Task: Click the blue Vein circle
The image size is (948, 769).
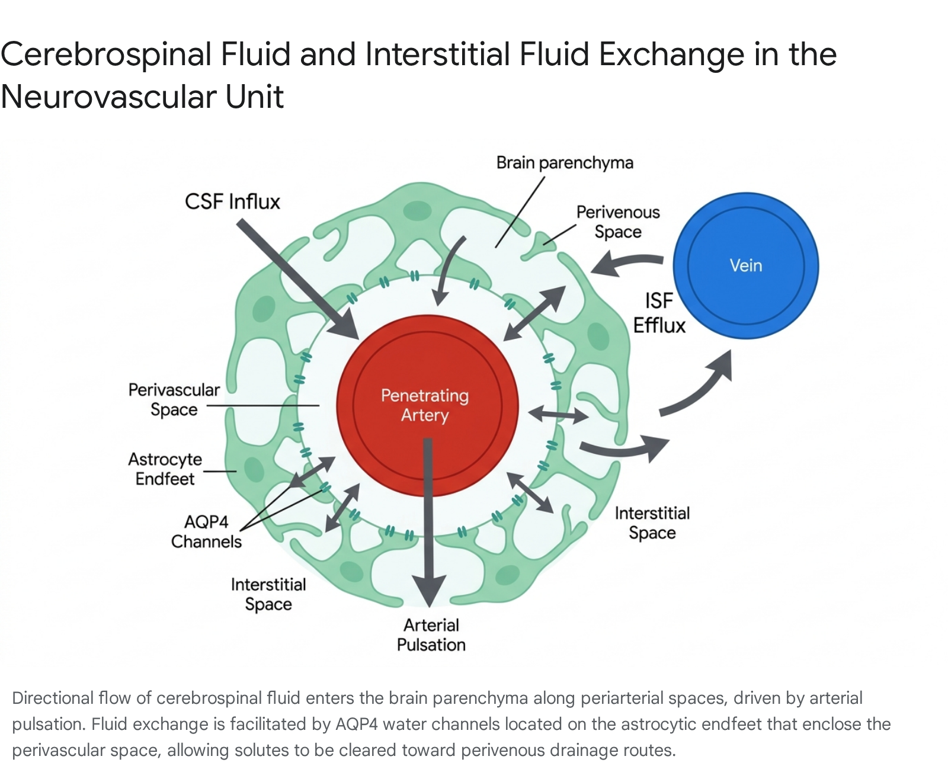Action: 745,265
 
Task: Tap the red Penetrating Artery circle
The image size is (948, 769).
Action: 427,405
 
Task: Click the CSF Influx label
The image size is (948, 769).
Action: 232,201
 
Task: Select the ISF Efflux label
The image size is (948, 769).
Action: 659,313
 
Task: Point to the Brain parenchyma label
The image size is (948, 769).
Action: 565,163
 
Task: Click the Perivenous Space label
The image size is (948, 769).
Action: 618,222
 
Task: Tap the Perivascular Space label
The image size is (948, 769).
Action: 174,399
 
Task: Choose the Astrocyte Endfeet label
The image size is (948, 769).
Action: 165,469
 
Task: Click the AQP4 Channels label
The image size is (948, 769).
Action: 207,531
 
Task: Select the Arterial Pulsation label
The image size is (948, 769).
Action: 431,635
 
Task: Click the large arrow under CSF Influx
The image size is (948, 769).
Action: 297,279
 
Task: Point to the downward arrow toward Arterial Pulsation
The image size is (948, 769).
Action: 428,523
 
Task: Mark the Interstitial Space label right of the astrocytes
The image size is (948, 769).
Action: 652,523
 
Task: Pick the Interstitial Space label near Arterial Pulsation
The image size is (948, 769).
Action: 268,594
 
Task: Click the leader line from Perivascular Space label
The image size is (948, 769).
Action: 263,405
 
